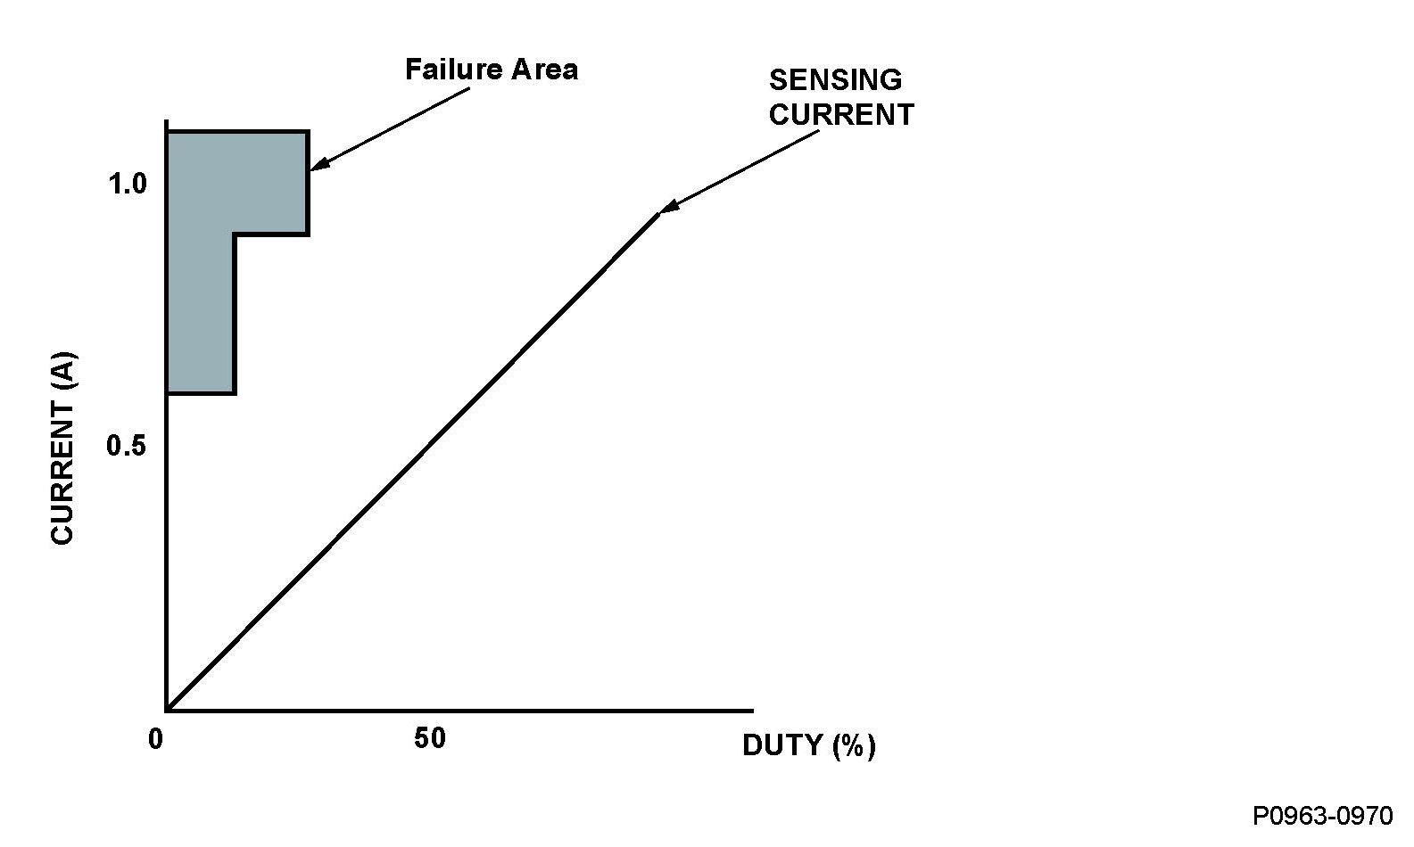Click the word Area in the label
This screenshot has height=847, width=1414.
point(544,70)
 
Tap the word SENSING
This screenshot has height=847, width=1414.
point(835,80)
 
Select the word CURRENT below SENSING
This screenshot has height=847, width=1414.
point(841,115)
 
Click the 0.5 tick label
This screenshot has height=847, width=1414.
point(126,445)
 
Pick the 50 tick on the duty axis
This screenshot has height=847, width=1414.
point(429,738)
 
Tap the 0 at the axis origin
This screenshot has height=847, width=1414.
point(156,739)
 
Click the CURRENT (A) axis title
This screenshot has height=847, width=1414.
point(63,448)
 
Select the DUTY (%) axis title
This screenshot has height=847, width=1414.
point(808,745)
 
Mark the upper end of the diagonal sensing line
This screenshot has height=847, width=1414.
point(658,214)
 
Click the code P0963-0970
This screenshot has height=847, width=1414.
point(1322,816)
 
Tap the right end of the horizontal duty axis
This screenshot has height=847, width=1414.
point(752,711)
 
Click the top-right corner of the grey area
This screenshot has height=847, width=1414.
point(308,132)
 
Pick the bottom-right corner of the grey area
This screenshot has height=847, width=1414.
point(234,392)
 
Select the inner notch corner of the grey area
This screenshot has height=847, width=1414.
point(234,234)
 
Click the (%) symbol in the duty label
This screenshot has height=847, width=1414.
point(854,745)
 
